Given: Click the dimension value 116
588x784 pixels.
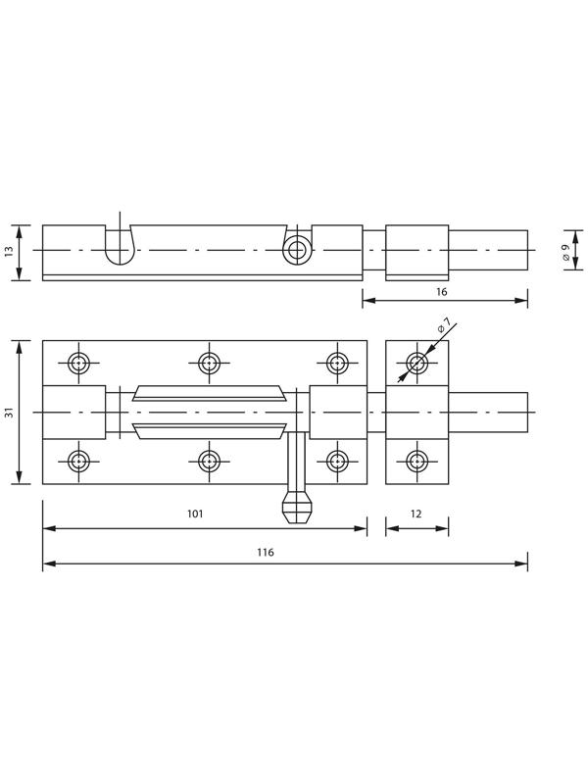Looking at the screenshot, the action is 266,552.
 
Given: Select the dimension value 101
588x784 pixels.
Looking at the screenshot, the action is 195,514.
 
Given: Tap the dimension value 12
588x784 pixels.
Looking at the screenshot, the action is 416,514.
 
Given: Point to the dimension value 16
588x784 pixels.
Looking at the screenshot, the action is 442,291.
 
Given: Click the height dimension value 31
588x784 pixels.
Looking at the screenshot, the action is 10,412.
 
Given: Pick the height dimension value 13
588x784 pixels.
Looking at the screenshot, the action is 10,251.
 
